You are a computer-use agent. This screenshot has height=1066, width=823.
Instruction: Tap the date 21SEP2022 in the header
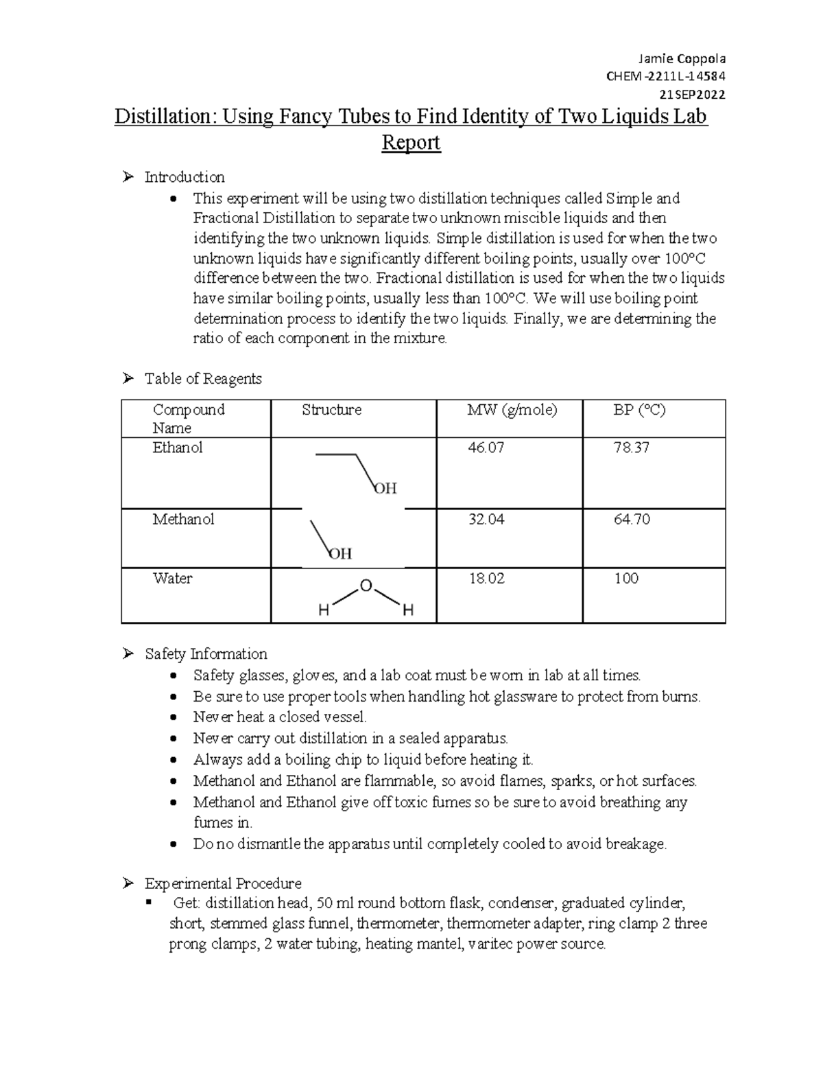(692, 95)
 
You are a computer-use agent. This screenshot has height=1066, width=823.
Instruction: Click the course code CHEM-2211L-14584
(665, 77)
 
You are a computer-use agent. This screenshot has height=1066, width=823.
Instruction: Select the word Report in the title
(411, 143)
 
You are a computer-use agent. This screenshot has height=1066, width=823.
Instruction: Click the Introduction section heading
(184, 177)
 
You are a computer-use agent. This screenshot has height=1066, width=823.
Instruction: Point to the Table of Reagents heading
(203, 378)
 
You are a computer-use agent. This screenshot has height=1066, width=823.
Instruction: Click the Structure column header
(331, 410)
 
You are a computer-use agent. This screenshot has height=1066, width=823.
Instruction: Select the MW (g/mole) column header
(512, 410)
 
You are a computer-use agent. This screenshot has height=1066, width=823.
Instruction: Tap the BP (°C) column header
(639, 410)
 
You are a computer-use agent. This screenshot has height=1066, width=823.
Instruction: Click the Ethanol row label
(178, 448)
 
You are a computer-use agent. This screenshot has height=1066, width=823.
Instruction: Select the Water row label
(172, 578)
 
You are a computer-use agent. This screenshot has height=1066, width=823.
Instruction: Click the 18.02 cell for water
(486, 578)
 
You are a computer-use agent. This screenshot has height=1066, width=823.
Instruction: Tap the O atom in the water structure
(366, 586)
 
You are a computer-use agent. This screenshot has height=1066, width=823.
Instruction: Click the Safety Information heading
(206, 653)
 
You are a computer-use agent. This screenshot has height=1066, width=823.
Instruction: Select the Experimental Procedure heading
(223, 883)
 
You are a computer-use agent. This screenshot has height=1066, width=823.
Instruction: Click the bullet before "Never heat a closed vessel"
(175, 718)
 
